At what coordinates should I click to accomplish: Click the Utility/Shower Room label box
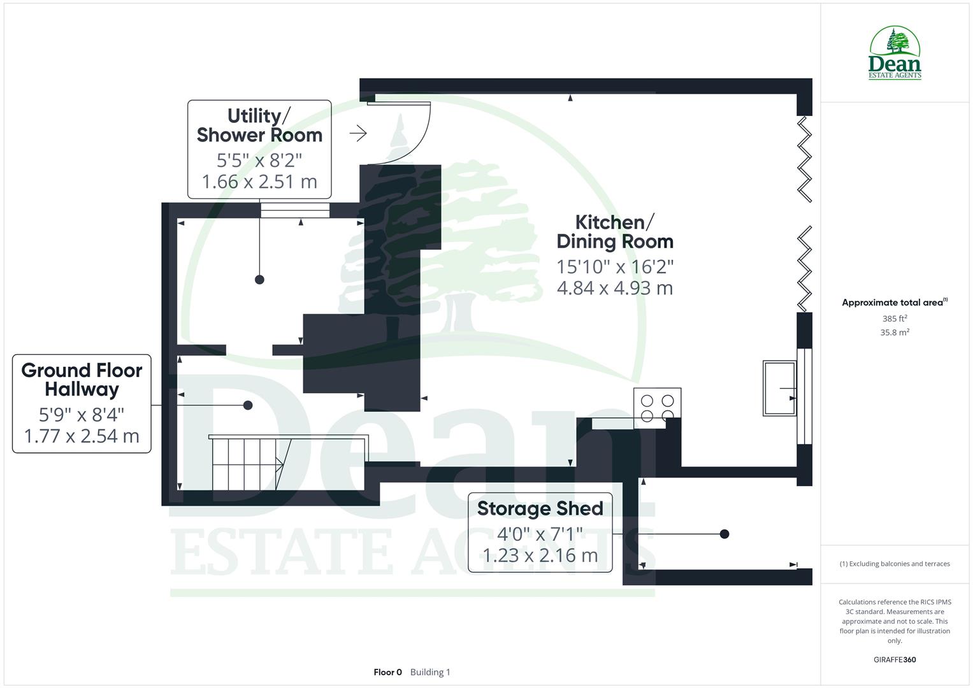pos(259,149)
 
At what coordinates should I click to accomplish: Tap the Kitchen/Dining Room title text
pos(615,232)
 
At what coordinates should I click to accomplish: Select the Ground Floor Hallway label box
pos(82,403)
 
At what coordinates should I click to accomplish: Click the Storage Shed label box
pos(540,533)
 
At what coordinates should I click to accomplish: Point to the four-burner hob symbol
pos(657,408)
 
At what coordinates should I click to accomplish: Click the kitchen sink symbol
pos(779,389)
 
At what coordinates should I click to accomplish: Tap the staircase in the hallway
pos(246,463)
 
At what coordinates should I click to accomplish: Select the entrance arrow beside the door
pos(358,133)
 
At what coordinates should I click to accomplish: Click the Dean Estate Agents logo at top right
pos(895,54)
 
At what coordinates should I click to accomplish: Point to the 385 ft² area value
pos(894,319)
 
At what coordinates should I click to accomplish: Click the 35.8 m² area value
pos(894,333)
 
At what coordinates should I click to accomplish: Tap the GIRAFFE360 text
pos(895,660)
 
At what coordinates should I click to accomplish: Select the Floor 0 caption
pos(387,672)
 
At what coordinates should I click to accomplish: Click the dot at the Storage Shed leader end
pos(724,534)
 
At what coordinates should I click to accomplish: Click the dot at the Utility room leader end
pos(259,280)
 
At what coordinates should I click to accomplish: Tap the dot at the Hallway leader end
pos(248,405)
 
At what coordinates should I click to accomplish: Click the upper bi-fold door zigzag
pos(805,159)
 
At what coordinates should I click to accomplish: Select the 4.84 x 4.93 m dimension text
pos(615,288)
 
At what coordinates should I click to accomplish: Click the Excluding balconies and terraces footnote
pos(895,564)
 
